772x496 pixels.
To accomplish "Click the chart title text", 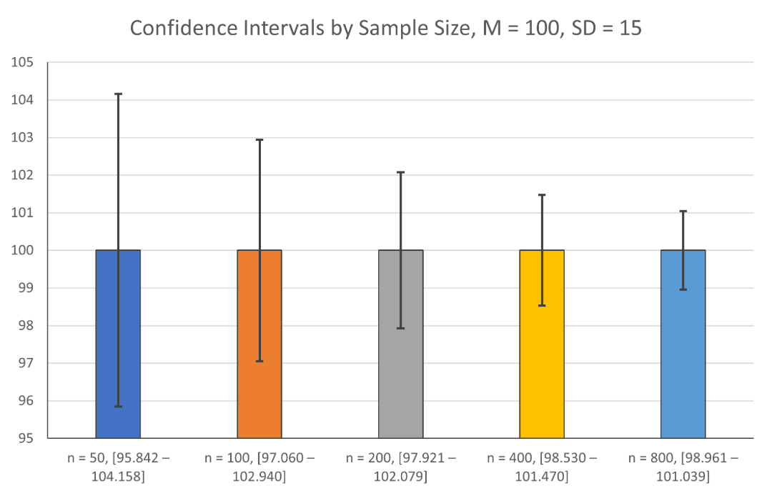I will (x=386, y=29).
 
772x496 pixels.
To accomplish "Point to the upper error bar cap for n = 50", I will (x=118, y=94).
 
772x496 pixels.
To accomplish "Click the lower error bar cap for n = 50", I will (x=118, y=406).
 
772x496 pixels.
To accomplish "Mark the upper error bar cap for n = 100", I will (x=259, y=139).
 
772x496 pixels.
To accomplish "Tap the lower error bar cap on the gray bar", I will (x=400, y=329).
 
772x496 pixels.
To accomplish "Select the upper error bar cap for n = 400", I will (x=542, y=194).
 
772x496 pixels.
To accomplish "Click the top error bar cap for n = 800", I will (x=683, y=211).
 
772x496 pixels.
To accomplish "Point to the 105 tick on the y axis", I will (x=25, y=62).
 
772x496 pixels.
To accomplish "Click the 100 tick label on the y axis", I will (x=25, y=250).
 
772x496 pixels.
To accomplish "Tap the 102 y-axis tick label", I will (x=25, y=175).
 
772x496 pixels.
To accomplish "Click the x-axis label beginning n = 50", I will (x=118, y=465).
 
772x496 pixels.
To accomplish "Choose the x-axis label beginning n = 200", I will (x=400, y=465).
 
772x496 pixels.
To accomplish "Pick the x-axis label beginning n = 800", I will (x=683, y=465).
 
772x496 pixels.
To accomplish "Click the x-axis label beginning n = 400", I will (x=542, y=465).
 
